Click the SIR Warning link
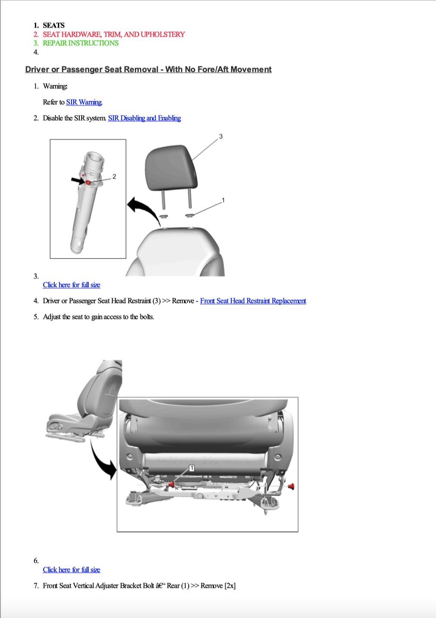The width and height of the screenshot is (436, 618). (x=84, y=102)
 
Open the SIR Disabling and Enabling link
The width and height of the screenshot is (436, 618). (x=144, y=118)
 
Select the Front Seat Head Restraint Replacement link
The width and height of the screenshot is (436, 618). (x=253, y=301)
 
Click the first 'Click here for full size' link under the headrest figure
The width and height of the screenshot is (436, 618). (x=72, y=285)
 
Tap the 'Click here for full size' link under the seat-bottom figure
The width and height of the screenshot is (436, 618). (x=72, y=570)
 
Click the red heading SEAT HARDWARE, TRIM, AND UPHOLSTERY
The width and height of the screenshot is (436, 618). (x=114, y=34)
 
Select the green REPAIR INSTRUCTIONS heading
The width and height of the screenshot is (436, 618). (x=81, y=43)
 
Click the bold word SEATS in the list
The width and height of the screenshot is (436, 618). (x=54, y=25)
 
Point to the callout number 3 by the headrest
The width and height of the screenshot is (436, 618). (x=221, y=137)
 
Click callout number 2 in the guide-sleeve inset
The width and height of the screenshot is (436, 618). (x=114, y=176)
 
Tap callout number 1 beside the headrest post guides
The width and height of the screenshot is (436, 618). (x=223, y=200)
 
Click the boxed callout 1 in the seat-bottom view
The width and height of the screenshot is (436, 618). (x=192, y=468)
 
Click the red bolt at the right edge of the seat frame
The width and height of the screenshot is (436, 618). (x=291, y=487)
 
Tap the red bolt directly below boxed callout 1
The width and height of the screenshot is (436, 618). (x=171, y=485)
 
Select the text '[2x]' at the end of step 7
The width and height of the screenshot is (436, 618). (x=230, y=586)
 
